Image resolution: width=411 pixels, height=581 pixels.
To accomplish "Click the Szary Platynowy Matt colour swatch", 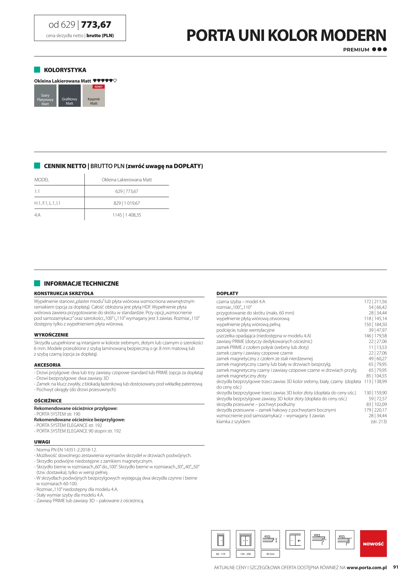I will tap(45, 96).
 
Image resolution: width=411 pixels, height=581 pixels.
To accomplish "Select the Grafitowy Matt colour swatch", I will tap(69, 96).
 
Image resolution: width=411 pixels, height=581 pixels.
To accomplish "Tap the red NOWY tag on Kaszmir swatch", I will tap(99, 87).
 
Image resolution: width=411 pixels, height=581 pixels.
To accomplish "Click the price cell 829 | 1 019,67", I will tap(127, 203).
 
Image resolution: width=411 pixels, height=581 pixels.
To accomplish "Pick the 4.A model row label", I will tap(37, 215).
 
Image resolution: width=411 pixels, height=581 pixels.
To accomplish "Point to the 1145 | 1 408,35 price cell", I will tap(127, 215).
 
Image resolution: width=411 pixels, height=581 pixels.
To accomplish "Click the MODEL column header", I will tap(42, 180).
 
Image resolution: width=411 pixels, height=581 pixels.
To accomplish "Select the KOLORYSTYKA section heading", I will tap(65, 70).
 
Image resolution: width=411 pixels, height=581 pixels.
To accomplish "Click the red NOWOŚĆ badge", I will tap(373, 544).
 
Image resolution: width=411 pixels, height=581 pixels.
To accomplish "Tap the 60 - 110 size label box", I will tap(220, 554).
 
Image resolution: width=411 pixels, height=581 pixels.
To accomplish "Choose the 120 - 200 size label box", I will tap(245, 554).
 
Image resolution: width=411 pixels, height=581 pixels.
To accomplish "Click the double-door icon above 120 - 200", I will tap(245, 540).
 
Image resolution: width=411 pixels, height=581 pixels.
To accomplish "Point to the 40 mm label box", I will tap(270, 554).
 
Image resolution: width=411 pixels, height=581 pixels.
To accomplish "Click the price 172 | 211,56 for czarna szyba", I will tap(375, 302).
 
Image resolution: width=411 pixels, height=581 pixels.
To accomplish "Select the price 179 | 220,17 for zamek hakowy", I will tap(375, 410).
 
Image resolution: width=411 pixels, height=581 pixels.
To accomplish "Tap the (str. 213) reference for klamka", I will tap(378, 421).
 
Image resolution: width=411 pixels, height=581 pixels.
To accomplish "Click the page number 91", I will tap(395, 567).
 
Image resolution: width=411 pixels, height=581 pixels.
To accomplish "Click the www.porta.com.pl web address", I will tap(366, 568).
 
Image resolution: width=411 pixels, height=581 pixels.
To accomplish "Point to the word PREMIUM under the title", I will tap(356, 50).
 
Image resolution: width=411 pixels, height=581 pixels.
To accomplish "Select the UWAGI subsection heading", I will tap(42, 442).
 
